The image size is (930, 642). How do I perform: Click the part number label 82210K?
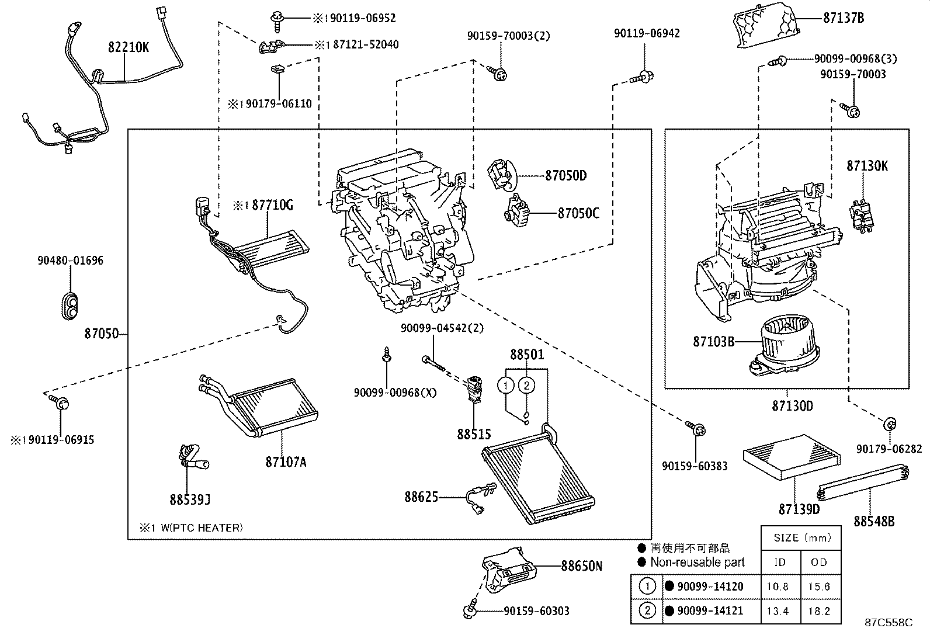[128, 48]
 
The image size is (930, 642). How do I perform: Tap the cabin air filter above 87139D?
[792, 456]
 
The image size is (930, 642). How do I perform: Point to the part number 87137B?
[843, 18]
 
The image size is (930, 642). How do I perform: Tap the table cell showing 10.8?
[778, 587]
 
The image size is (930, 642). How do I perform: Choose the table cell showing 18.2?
[819, 612]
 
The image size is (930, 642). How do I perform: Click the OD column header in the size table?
[819, 562]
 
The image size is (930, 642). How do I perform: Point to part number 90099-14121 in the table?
[710, 612]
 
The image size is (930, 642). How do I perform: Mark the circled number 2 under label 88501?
[526, 385]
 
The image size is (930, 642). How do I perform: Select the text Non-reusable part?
[697, 563]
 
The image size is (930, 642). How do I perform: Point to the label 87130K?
[867, 166]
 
